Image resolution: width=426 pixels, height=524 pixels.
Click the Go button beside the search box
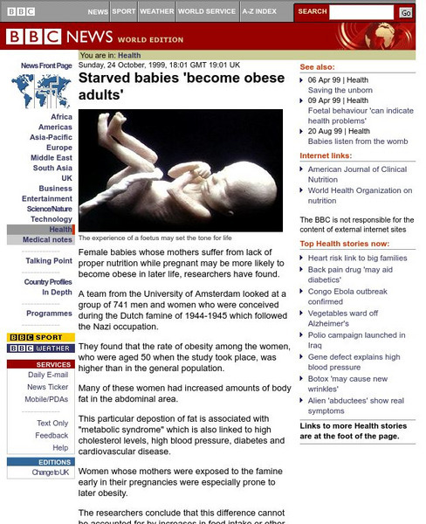(x=406, y=13)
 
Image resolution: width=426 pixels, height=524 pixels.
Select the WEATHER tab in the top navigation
(x=156, y=12)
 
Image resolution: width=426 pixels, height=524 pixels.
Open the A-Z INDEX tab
(x=260, y=12)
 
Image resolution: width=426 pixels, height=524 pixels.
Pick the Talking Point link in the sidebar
(x=49, y=261)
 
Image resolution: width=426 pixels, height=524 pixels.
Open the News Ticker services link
(x=47, y=387)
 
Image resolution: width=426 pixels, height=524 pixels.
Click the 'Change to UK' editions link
(x=50, y=472)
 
